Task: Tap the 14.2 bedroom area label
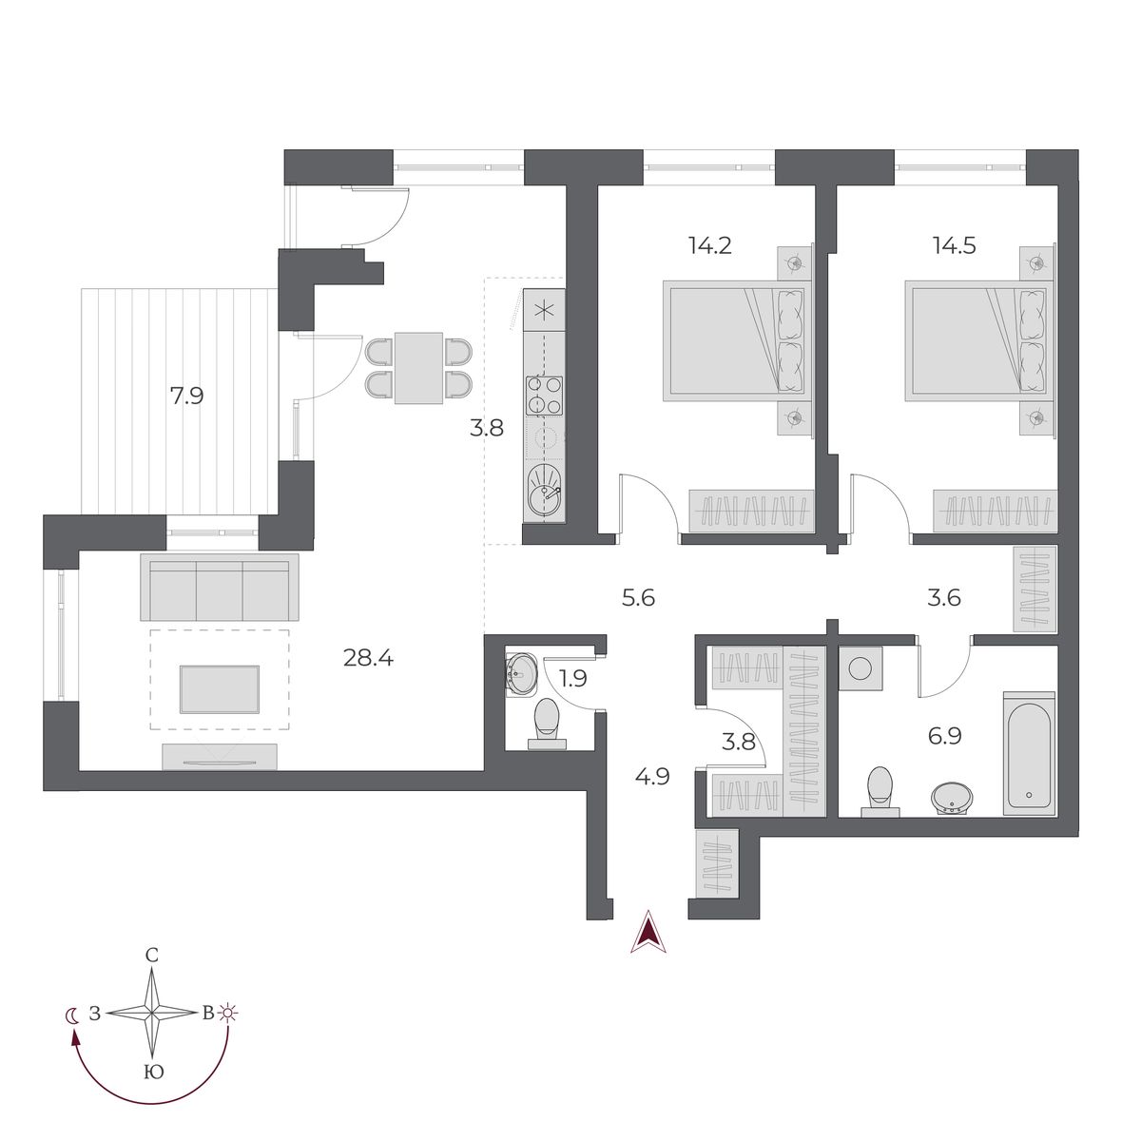coord(709,245)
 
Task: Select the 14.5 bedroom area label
coord(954,245)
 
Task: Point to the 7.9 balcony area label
coord(186,396)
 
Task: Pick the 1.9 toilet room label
coord(574,678)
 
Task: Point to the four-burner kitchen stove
coord(544,396)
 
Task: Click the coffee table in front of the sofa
coord(219,690)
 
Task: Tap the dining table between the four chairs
coord(418,368)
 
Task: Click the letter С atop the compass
coord(151,956)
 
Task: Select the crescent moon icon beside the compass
coord(72,1014)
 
